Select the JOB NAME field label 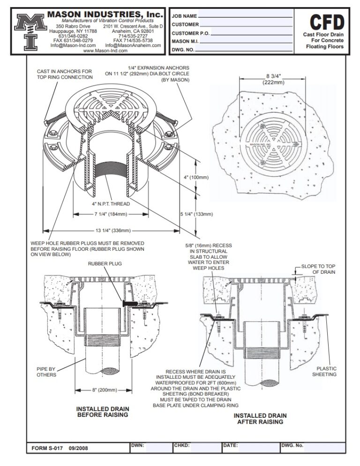[x=184, y=16]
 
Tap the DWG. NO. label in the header [x=183, y=49]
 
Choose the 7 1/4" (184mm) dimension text [x=102, y=214]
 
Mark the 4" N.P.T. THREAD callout [x=111, y=204]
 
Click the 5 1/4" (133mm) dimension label [x=197, y=214]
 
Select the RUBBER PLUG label [x=105, y=264]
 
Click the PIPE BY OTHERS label [x=46, y=372]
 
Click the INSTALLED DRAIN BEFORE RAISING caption [x=102, y=412]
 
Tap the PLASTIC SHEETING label [x=326, y=371]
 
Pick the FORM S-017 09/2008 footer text [x=60, y=448]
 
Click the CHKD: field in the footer [x=181, y=445]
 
